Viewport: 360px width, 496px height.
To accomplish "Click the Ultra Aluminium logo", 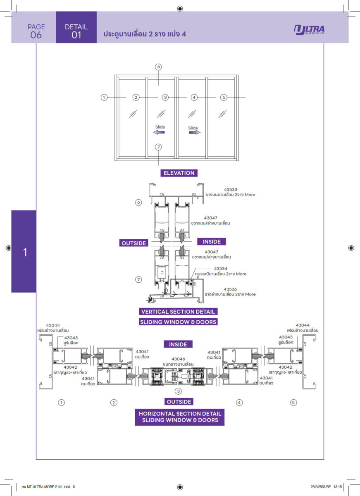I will [309, 30].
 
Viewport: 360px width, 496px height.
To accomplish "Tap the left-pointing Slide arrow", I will [159, 132].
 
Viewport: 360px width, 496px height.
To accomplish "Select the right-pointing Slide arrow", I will [195, 133].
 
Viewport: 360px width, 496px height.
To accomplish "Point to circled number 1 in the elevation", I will [104, 98].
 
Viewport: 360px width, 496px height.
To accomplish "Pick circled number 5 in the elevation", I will [224, 98].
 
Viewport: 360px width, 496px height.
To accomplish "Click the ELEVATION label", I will [179, 173].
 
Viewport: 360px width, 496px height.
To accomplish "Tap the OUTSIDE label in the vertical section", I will [134, 243].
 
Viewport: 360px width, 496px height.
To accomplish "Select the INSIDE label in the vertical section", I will [212, 241].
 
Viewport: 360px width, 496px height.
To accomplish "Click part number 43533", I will [230, 189].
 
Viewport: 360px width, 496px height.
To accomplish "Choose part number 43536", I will [230, 289].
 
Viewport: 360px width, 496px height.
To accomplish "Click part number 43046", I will [178, 359].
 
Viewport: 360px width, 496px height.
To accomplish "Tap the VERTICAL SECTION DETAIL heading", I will [178, 312].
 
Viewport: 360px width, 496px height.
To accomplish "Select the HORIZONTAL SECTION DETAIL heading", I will [180, 413].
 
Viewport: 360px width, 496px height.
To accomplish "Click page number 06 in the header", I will [36, 35].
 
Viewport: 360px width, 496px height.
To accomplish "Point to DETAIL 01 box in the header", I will [76, 31].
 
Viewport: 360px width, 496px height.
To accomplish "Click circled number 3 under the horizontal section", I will [179, 391].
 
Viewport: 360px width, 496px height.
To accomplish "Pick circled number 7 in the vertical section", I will [139, 280].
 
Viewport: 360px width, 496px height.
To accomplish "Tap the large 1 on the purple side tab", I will [25, 252].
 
